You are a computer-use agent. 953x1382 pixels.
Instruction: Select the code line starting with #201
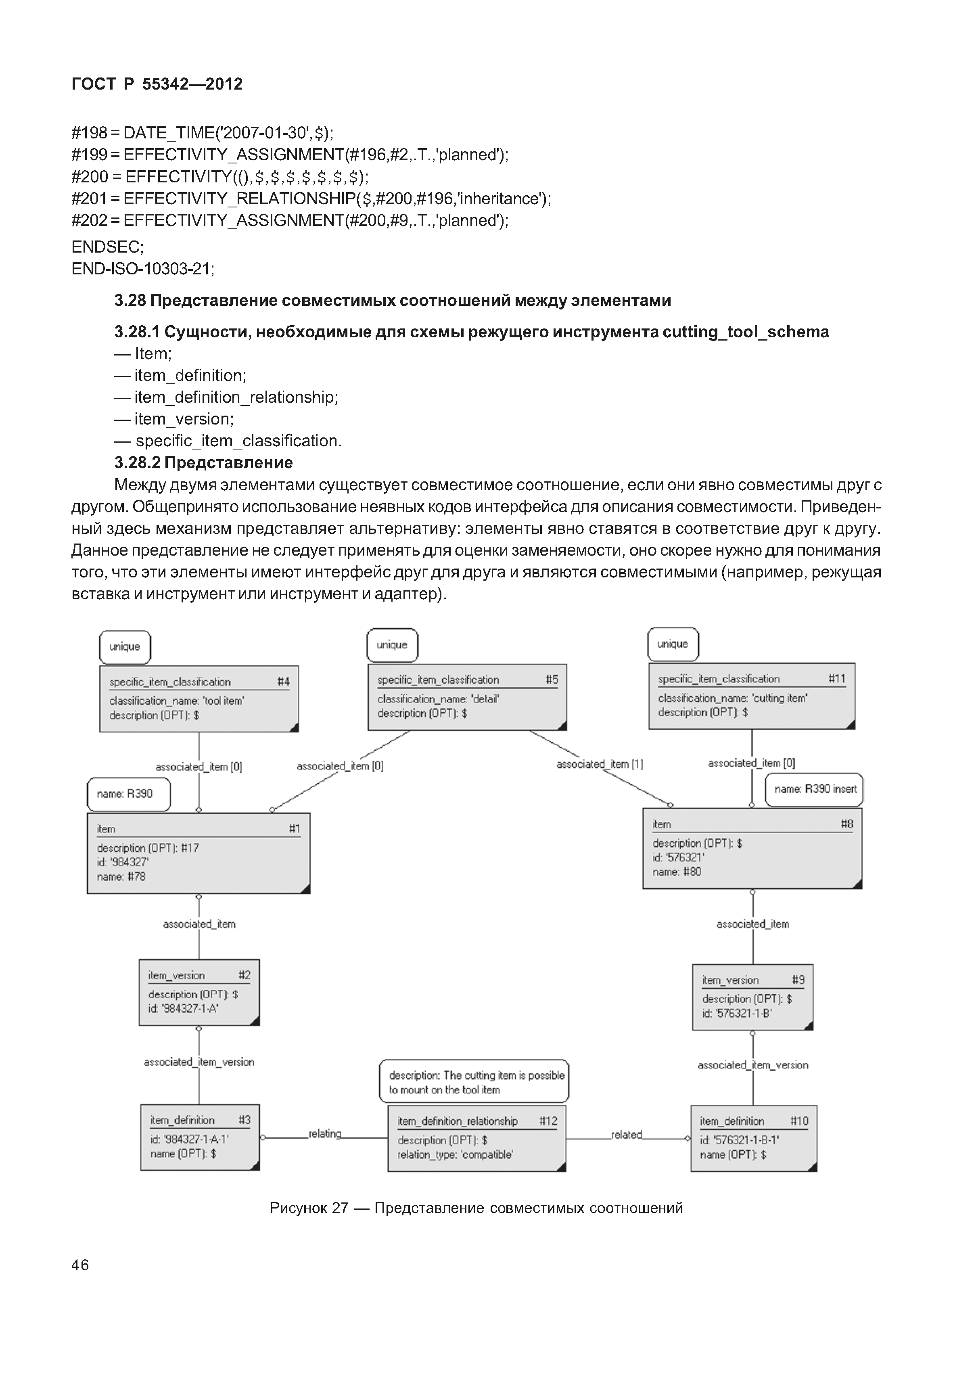point(311,198)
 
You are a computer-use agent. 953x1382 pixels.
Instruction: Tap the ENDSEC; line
point(107,247)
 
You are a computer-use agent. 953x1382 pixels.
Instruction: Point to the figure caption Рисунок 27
point(476,1208)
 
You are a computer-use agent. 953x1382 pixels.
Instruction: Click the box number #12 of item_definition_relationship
point(548,1121)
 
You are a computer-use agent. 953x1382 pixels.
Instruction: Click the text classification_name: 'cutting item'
point(733,698)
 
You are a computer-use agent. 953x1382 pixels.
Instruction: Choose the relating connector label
point(324,1133)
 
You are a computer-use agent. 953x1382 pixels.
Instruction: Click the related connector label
point(626,1134)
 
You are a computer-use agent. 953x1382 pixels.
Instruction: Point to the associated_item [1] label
point(599,764)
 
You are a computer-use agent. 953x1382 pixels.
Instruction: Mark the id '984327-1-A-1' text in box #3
point(189,1139)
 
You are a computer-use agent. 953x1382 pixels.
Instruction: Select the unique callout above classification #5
point(392,645)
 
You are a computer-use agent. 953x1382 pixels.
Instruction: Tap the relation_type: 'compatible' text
point(455,1154)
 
